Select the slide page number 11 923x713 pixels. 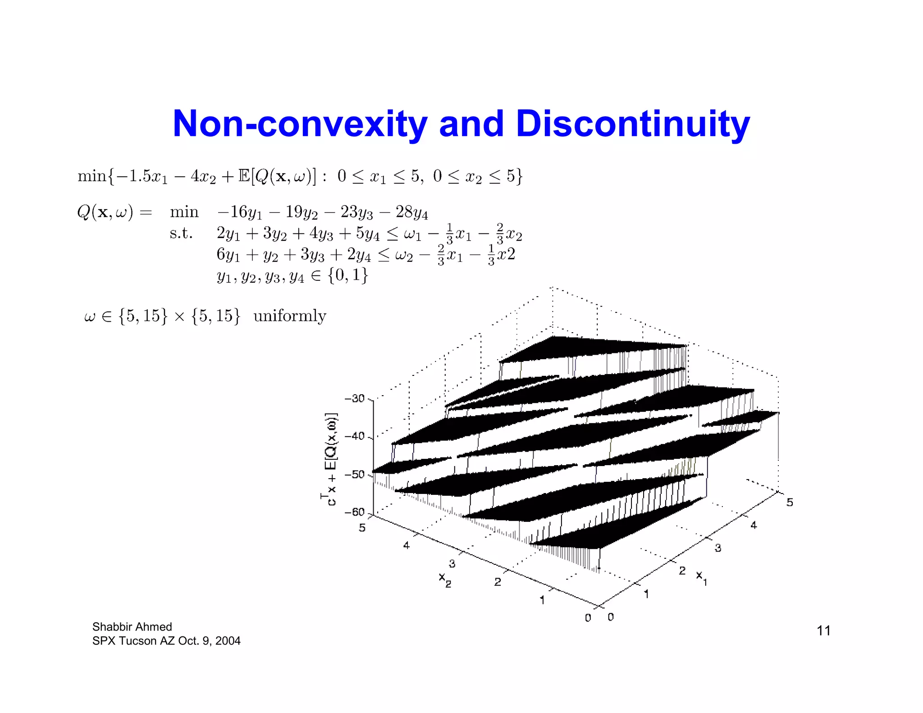coord(823,631)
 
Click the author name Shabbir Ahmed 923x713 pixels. coord(132,626)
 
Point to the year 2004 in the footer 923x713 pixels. coord(228,641)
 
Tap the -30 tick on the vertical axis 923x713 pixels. coord(355,398)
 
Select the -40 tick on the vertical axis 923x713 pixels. coord(355,436)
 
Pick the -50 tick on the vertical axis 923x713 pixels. coord(355,475)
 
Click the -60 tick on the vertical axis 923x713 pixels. coord(355,512)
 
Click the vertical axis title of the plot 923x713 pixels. coord(331,459)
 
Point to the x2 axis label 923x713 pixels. coord(445,579)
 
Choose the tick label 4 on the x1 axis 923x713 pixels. coord(754,525)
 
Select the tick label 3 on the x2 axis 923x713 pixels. coord(452,563)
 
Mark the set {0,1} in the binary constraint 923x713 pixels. coord(347,275)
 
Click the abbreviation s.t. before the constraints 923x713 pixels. coord(181,233)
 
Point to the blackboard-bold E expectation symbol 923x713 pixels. coord(244,176)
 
